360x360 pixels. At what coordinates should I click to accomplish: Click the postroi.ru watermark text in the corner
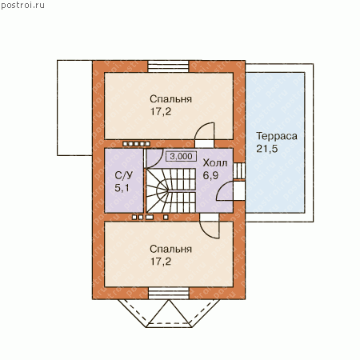click(x=22, y=6)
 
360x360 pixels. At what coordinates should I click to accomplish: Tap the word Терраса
click(x=277, y=136)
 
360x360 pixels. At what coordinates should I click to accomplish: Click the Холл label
click(x=215, y=163)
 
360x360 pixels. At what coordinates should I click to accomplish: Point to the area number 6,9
click(x=210, y=176)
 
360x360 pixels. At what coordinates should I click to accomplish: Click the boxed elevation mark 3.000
click(x=182, y=156)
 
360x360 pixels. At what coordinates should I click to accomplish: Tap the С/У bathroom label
click(x=123, y=175)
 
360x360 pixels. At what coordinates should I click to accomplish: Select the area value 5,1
click(x=122, y=188)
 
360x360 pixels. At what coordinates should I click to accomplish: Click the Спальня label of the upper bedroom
click(x=170, y=99)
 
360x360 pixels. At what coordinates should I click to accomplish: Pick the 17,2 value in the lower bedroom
click(x=161, y=262)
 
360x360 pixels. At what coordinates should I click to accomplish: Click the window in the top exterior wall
click(x=168, y=66)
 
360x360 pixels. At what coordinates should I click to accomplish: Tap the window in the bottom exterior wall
click(x=168, y=294)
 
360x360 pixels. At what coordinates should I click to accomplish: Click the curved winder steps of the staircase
click(x=158, y=190)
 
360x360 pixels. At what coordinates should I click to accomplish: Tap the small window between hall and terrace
click(x=239, y=170)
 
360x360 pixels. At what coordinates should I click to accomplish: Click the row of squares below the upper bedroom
click(x=136, y=144)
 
